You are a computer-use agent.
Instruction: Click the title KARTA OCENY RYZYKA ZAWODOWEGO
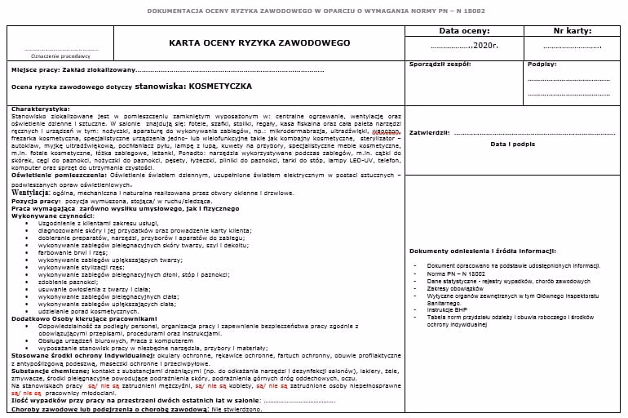click(x=259, y=42)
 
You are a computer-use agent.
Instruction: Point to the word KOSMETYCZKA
click(x=220, y=85)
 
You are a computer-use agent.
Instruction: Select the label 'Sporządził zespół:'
click(x=440, y=64)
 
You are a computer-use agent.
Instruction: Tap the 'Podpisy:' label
click(x=542, y=64)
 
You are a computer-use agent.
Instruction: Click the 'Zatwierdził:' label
click(x=429, y=131)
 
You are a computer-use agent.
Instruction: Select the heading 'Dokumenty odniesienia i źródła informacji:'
click(x=483, y=251)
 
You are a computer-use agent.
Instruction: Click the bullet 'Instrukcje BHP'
click(x=450, y=309)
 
